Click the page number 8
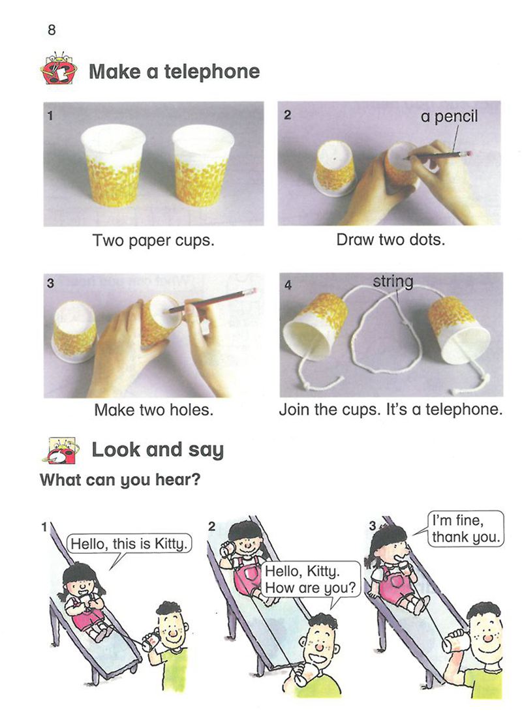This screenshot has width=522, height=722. click(x=52, y=30)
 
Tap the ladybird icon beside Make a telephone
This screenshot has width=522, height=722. click(x=59, y=68)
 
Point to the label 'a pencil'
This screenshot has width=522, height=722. click(x=449, y=117)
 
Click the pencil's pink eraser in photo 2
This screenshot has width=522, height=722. click(x=469, y=153)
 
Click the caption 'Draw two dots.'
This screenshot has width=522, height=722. click(x=391, y=240)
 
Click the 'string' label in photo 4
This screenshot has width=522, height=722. click(x=393, y=282)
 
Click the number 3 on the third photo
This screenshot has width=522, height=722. click(x=50, y=282)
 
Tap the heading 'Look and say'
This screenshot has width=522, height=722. click(x=157, y=450)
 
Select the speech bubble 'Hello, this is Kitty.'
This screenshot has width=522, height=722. click(x=129, y=544)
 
